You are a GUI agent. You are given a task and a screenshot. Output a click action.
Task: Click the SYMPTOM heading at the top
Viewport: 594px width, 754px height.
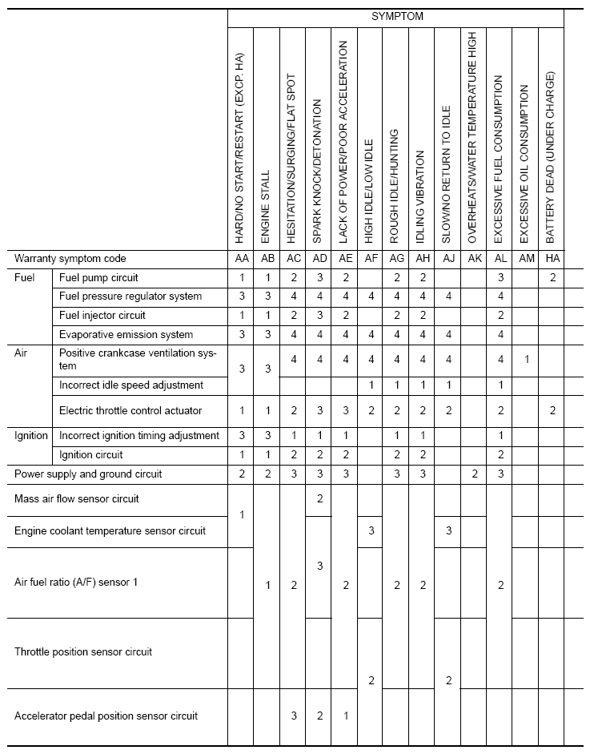click(396, 16)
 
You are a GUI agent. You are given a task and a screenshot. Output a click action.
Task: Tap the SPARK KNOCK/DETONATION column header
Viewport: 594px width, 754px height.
click(318, 171)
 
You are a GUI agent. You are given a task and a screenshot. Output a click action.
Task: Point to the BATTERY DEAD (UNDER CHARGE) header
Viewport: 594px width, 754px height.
click(550, 157)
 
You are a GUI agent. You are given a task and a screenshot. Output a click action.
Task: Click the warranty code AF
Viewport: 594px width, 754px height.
click(370, 259)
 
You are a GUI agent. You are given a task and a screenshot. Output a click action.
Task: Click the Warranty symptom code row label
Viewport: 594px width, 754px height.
click(70, 259)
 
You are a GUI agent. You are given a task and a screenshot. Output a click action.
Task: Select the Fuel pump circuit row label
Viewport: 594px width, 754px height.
click(98, 278)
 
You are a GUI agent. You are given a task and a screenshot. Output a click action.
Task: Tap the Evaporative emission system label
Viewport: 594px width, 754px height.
click(126, 334)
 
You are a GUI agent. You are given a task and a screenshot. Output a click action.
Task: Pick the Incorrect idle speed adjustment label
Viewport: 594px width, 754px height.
click(131, 385)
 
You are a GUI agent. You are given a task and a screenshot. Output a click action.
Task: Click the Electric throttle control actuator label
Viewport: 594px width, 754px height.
click(130, 411)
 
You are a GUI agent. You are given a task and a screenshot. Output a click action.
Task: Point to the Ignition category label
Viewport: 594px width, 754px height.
click(32, 436)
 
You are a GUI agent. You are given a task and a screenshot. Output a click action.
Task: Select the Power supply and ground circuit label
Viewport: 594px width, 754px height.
click(88, 474)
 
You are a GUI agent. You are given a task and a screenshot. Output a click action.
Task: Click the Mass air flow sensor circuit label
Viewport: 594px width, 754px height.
click(77, 499)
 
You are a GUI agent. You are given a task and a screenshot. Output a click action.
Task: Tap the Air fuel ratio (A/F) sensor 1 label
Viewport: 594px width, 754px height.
click(76, 583)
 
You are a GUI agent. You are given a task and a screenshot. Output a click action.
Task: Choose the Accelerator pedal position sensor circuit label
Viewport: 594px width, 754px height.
click(106, 716)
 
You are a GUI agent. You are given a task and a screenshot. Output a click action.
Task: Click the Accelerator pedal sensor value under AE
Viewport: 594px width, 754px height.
click(344, 716)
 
